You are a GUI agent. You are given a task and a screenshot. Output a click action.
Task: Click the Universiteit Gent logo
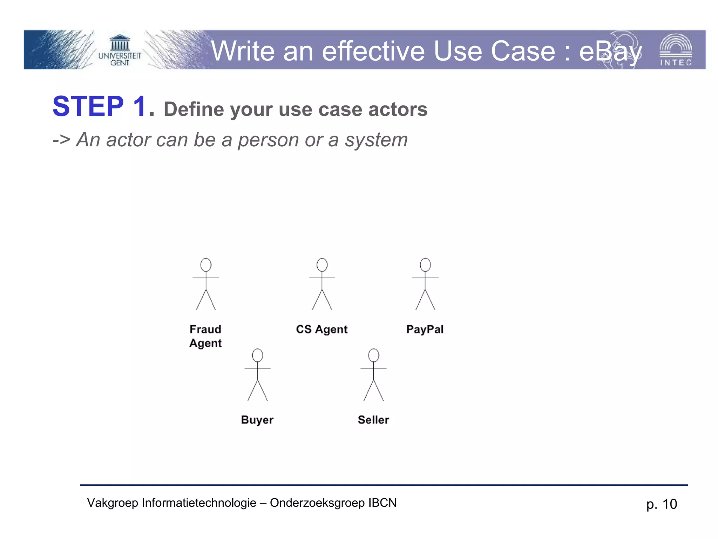120,51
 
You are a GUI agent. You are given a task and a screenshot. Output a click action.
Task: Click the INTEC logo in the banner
676,50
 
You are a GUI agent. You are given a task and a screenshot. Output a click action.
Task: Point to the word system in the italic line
376,140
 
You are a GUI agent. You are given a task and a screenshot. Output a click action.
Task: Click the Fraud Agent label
205,336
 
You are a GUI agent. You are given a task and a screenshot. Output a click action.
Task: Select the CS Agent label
321,329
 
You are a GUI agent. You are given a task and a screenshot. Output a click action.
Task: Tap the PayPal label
425,329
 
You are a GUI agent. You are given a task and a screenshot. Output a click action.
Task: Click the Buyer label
257,420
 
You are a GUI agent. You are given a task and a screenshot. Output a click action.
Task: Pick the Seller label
373,420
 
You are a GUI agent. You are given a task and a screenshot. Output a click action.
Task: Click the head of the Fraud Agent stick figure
206,265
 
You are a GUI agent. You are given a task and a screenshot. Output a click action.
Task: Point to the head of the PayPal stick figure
425,265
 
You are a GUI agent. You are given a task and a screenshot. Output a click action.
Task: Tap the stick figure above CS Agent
322,284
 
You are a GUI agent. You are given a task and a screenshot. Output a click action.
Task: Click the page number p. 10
662,504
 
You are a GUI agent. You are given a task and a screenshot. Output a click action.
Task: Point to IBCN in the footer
382,503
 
